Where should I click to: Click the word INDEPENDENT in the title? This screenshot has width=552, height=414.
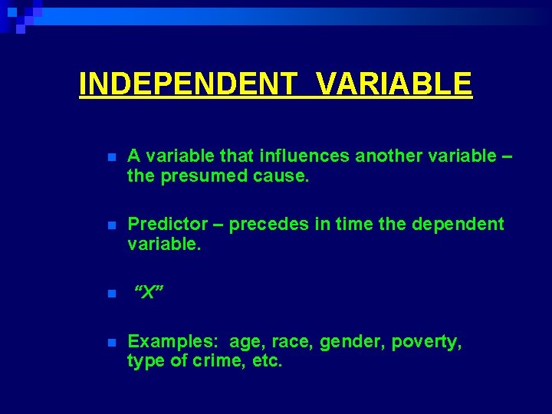pos(186,84)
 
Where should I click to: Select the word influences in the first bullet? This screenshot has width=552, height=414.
pos(304,156)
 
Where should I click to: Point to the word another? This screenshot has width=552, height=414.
pos(389,156)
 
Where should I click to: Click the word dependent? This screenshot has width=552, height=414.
pos(458,224)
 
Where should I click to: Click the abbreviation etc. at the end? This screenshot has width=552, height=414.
pos(267,361)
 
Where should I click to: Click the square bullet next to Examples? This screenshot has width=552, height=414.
pos(111,343)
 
